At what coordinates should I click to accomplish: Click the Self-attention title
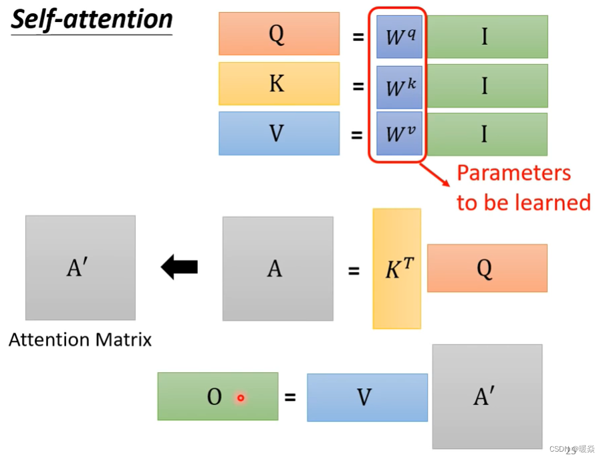click(x=92, y=20)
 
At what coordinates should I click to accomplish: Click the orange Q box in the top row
click(x=279, y=34)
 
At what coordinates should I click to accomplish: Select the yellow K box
click(x=279, y=84)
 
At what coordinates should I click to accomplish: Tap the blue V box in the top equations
click(x=279, y=134)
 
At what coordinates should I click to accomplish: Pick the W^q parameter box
click(x=399, y=36)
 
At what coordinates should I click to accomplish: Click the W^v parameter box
click(x=399, y=134)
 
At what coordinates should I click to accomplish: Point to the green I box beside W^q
click(x=487, y=36)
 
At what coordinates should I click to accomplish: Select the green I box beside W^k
click(x=487, y=86)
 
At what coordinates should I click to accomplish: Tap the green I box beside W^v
click(x=487, y=134)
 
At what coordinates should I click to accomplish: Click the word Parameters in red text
click(x=513, y=173)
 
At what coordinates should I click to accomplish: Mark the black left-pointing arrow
click(x=179, y=267)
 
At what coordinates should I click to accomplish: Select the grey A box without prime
click(x=277, y=269)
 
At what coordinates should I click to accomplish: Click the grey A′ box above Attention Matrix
click(x=80, y=267)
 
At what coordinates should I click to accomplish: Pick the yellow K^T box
click(x=396, y=269)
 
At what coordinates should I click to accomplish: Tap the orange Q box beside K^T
click(x=487, y=268)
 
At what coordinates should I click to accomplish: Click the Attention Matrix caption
click(x=80, y=340)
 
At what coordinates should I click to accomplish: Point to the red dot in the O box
click(x=241, y=398)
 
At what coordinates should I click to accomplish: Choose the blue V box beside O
click(x=367, y=398)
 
